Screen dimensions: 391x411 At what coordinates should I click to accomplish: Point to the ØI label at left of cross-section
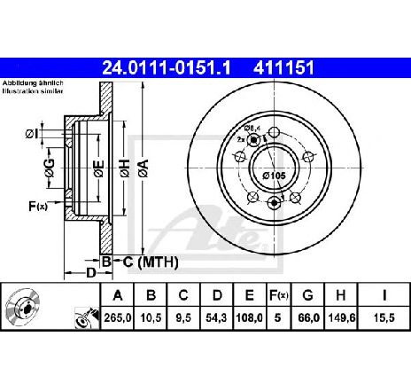[32, 134]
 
